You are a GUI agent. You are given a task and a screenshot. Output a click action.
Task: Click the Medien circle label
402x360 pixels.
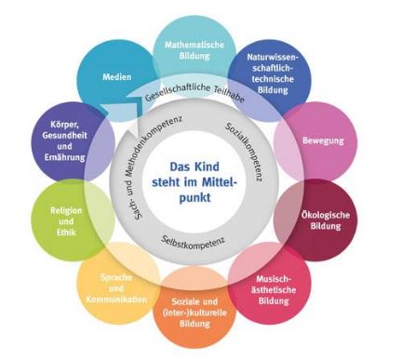[117, 77]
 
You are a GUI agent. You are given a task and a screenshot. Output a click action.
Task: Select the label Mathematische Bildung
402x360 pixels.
[194, 50]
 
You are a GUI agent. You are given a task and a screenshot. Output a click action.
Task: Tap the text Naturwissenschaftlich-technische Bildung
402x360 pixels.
[273, 73]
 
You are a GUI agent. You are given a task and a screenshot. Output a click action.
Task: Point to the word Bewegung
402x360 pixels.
[323, 141]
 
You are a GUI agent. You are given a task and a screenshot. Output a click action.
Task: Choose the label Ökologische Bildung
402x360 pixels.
[326, 220]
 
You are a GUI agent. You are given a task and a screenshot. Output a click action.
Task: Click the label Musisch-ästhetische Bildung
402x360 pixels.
[274, 290]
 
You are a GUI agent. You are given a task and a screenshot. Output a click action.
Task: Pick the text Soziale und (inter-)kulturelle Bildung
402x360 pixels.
[194, 313]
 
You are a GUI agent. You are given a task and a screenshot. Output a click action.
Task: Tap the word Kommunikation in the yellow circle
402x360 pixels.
[116, 300]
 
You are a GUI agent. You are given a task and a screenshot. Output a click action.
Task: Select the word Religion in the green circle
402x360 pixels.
[66, 211]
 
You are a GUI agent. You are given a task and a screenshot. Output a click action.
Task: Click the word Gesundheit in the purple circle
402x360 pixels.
[65, 136]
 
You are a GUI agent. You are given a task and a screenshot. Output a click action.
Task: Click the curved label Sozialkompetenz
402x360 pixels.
[245, 152]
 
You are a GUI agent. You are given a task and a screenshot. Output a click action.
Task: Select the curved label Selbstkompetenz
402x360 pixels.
[193, 243]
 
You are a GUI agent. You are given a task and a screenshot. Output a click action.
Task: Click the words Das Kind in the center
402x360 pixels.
[194, 167]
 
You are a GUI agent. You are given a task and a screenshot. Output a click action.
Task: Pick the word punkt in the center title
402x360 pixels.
[194, 198]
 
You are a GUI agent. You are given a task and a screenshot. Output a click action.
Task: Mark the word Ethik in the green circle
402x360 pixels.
[66, 233]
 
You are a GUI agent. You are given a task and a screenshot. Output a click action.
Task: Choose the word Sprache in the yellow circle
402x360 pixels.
[116, 277]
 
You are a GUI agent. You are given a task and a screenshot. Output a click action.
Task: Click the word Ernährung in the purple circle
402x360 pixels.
[64, 157]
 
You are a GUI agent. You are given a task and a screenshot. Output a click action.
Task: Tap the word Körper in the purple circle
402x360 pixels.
[65, 125]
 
